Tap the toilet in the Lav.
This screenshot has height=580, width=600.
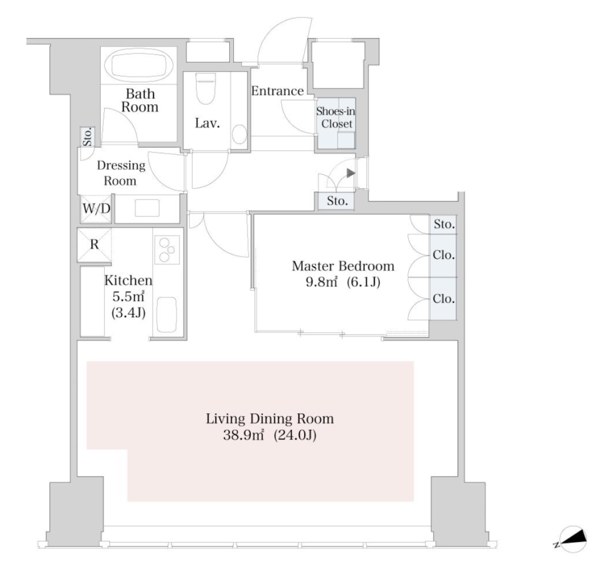[x=205, y=88]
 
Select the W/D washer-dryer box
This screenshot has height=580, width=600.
[x=96, y=209]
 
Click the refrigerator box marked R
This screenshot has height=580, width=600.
[x=94, y=245]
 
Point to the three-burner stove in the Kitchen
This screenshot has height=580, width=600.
[x=167, y=249]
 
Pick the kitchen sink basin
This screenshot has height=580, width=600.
[x=166, y=315]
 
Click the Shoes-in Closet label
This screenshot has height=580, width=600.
[x=336, y=117]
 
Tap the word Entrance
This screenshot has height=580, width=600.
[x=277, y=91]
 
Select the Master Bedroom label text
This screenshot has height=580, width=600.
[x=343, y=266]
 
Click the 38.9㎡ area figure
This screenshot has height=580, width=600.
[x=244, y=435]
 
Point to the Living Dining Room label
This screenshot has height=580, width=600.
[x=270, y=418]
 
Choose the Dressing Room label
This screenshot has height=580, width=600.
[x=121, y=173]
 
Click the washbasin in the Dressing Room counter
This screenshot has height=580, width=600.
[x=147, y=208]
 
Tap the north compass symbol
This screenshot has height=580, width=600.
[x=572, y=539]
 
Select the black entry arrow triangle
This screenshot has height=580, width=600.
[x=351, y=173]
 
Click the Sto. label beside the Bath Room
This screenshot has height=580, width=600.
[x=88, y=137]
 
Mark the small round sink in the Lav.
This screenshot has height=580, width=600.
[x=240, y=134]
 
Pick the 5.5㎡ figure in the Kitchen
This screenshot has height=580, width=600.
[x=128, y=296]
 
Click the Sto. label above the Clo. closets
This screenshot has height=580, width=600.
[x=444, y=224]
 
